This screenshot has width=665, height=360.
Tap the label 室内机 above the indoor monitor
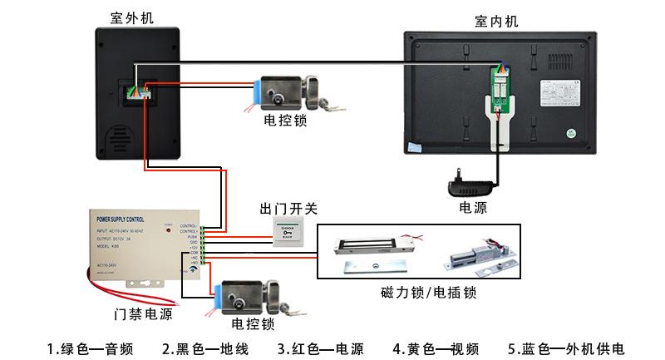tap(496, 22)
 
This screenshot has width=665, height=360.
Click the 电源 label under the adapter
tap(473, 208)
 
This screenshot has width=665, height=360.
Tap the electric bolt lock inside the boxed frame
tap(475, 253)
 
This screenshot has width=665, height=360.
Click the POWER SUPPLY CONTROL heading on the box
tap(122, 218)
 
